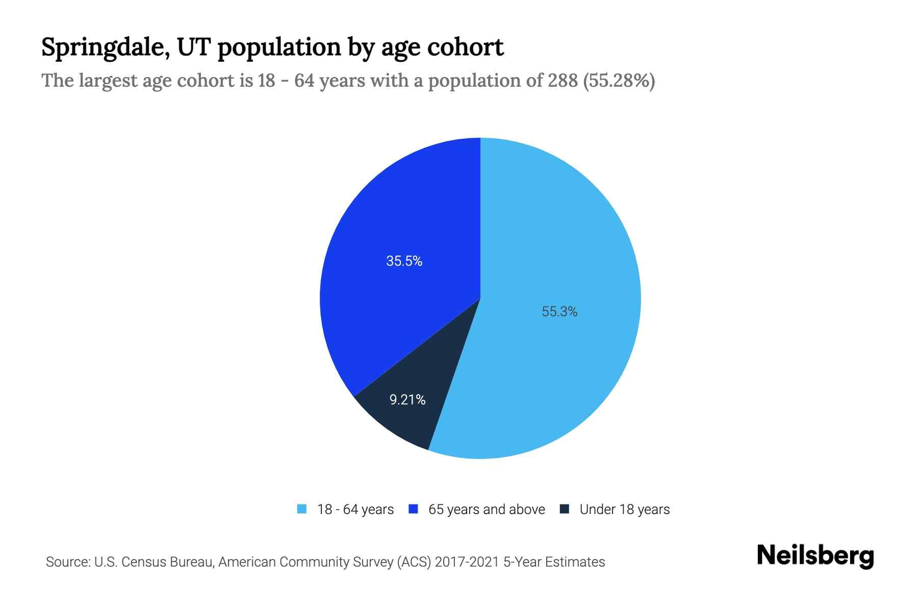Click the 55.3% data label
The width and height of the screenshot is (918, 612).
[559, 312]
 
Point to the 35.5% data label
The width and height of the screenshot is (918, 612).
[404, 261]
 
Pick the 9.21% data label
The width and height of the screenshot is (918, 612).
[407, 400]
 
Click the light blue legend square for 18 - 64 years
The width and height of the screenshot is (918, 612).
[302, 509]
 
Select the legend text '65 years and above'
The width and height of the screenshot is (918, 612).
[487, 509]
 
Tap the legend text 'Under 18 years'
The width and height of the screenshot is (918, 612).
[624, 509]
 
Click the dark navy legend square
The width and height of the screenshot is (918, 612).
[564, 509]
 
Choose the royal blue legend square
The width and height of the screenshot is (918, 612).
[414, 509]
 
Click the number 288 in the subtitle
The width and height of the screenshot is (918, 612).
[563, 81]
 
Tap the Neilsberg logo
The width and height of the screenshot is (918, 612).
[815, 556]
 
